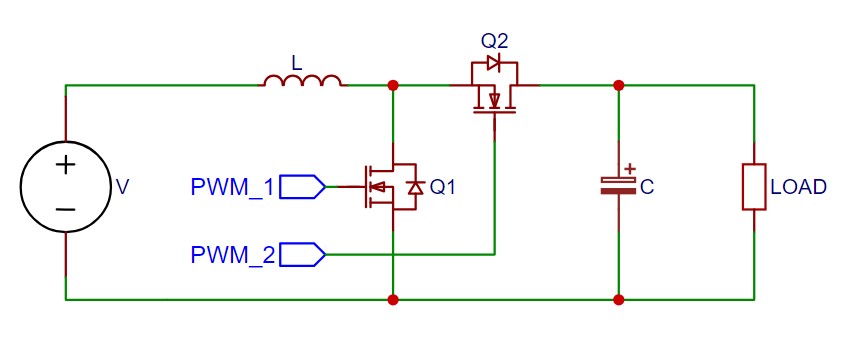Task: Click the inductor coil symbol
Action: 302,81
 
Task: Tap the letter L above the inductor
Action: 295,62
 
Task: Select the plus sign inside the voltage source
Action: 65,165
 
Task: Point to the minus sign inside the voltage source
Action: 65,209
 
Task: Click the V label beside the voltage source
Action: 122,187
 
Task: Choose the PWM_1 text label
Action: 231,187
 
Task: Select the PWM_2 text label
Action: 231,255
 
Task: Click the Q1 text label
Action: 442,187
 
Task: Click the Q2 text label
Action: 494,41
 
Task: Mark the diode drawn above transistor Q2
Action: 493,63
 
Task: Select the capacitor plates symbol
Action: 619,185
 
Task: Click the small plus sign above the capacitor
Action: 630,170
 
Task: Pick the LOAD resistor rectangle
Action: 754,187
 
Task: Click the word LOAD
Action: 798,187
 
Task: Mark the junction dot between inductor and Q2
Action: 393,85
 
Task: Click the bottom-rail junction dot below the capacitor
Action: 619,299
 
